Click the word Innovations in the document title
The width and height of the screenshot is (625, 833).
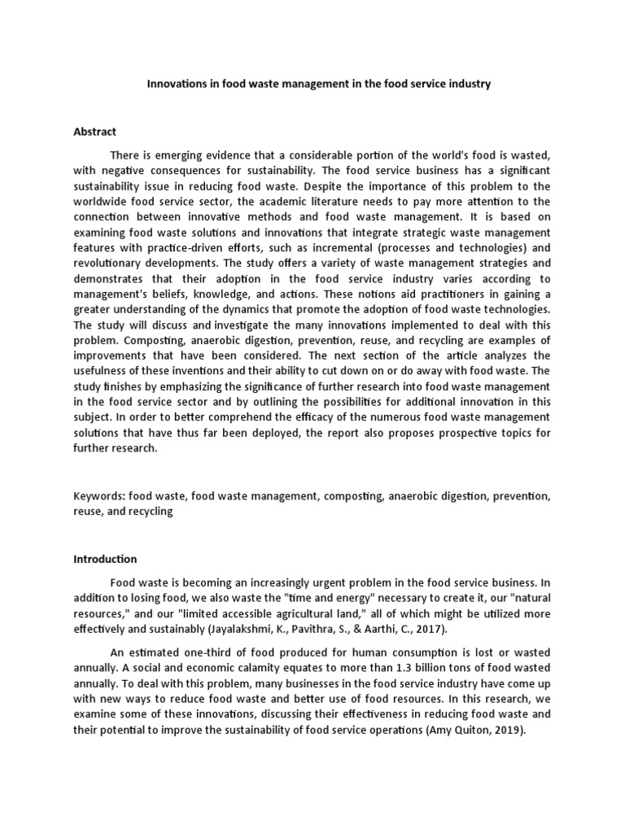pyautogui.click(x=174, y=84)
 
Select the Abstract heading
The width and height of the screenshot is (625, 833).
pyautogui.click(x=95, y=131)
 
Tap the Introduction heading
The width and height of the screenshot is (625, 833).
pyautogui.click(x=106, y=559)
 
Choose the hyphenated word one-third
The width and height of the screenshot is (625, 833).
pyautogui.click(x=200, y=652)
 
